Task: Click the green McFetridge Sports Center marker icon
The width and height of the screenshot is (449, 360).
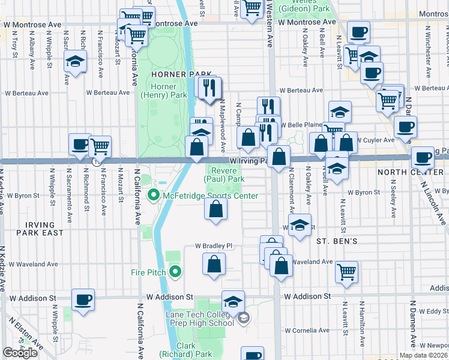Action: tap(154, 196)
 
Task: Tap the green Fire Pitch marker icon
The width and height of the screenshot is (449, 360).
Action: tap(175, 272)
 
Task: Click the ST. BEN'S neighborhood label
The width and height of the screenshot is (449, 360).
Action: tap(337, 241)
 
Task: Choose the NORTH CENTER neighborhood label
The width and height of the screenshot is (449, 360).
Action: tap(414, 172)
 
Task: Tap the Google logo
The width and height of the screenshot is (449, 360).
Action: tap(20, 353)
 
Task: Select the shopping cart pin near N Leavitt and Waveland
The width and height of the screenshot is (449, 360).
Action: tap(346, 272)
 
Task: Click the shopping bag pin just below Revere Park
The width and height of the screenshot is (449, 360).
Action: tap(216, 209)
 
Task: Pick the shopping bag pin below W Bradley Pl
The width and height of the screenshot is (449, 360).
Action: tap(214, 264)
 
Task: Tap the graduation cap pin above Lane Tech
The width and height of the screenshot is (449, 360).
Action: tap(233, 301)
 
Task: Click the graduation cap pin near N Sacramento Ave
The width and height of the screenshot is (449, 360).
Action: tap(76, 61)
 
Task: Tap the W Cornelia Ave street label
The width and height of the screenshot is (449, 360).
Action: tap(309, 330)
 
